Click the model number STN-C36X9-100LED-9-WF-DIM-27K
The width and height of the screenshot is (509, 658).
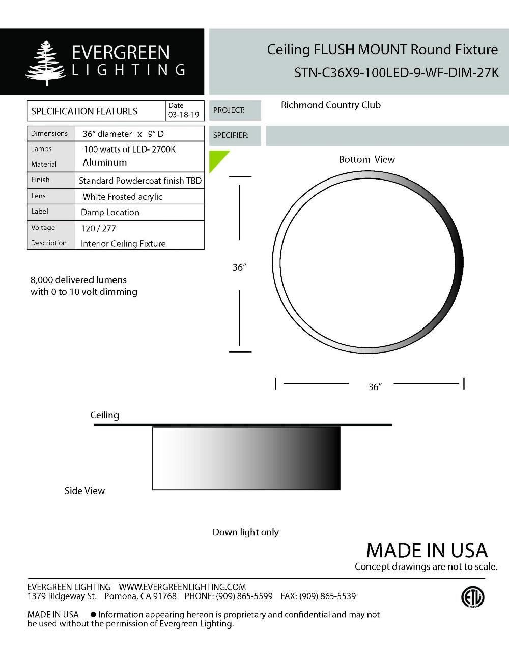click(x=397, y=73)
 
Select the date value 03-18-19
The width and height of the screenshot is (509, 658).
click(x=184, y=115)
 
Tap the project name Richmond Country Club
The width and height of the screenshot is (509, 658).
click(x=331, y=105)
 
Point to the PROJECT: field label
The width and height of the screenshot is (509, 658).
click(x=229, y=110)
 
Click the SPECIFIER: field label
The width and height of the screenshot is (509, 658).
click(x=231, y=136)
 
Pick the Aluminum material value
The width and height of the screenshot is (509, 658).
click(x=105, y=163)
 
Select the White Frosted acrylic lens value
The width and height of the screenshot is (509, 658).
click(x=123, y=197)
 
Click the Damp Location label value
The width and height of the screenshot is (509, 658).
click(x=110, y=213)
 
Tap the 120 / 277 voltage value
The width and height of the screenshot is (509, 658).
click(x=98, y=229)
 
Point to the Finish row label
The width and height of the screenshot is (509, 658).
click(x=40, y=180)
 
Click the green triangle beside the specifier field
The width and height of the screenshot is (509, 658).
click(x=217, y=159)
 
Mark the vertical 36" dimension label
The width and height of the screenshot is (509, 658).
click(x=239, y=267)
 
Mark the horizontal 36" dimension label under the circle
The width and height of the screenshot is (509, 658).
click(x=375, y=387)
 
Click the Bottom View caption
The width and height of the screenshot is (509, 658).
click(x=367, y=160)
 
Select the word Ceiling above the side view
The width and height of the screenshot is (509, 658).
click(x=105, y=415)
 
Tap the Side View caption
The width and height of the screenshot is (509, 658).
click(x=84, y=491)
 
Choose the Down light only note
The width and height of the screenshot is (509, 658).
click(x=246, y=532)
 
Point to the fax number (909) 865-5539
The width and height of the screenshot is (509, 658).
click(x=327, y=596)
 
